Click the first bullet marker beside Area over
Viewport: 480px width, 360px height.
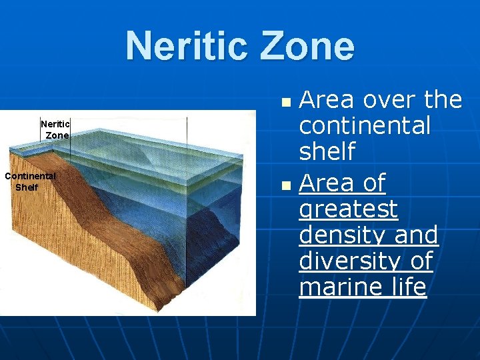pyautogui.click(x=286, y=104)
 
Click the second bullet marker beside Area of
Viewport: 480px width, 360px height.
pyautogui.click(x=286, y=184)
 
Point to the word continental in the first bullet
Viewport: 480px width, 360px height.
pyautogui.click(x=365, y=126)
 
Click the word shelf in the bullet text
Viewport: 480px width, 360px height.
pyautogui.click(x=327, y=153)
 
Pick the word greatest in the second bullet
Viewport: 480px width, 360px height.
pyautogui.click(x=349, y=209)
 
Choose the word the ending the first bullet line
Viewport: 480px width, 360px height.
pyautogui.click(x=443, y=100)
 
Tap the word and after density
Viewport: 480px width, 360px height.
pyautogui.click(x=417, y=235)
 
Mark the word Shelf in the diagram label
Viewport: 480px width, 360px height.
pyautogui.click(x=27, y=187)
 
